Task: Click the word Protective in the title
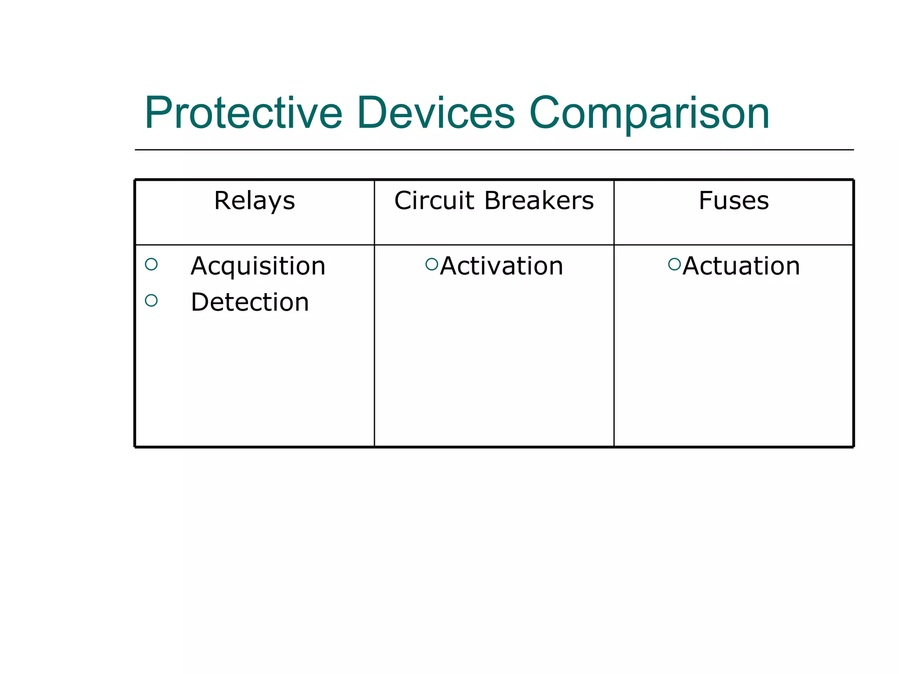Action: click(244, 113)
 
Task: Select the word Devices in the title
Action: click(435, 113)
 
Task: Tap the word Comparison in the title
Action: click(649, 113)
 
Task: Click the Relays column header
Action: click(254, 201)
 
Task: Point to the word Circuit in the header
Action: click(434, 201)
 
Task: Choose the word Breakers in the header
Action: click(539, 201)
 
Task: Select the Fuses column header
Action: click(734, 201)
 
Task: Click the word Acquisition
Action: click(258, 266)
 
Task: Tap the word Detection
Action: click(250, 302)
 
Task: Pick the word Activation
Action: click(501, 266)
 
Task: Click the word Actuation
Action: click(741, 266)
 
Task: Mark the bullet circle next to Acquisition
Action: click(151, 264)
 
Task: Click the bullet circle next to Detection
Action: click(151, 301)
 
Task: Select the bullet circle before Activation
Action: click(432, 264)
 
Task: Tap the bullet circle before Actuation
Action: click(674, 264)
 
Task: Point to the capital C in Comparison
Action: click(546, 113)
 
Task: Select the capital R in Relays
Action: click(222, 201)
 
